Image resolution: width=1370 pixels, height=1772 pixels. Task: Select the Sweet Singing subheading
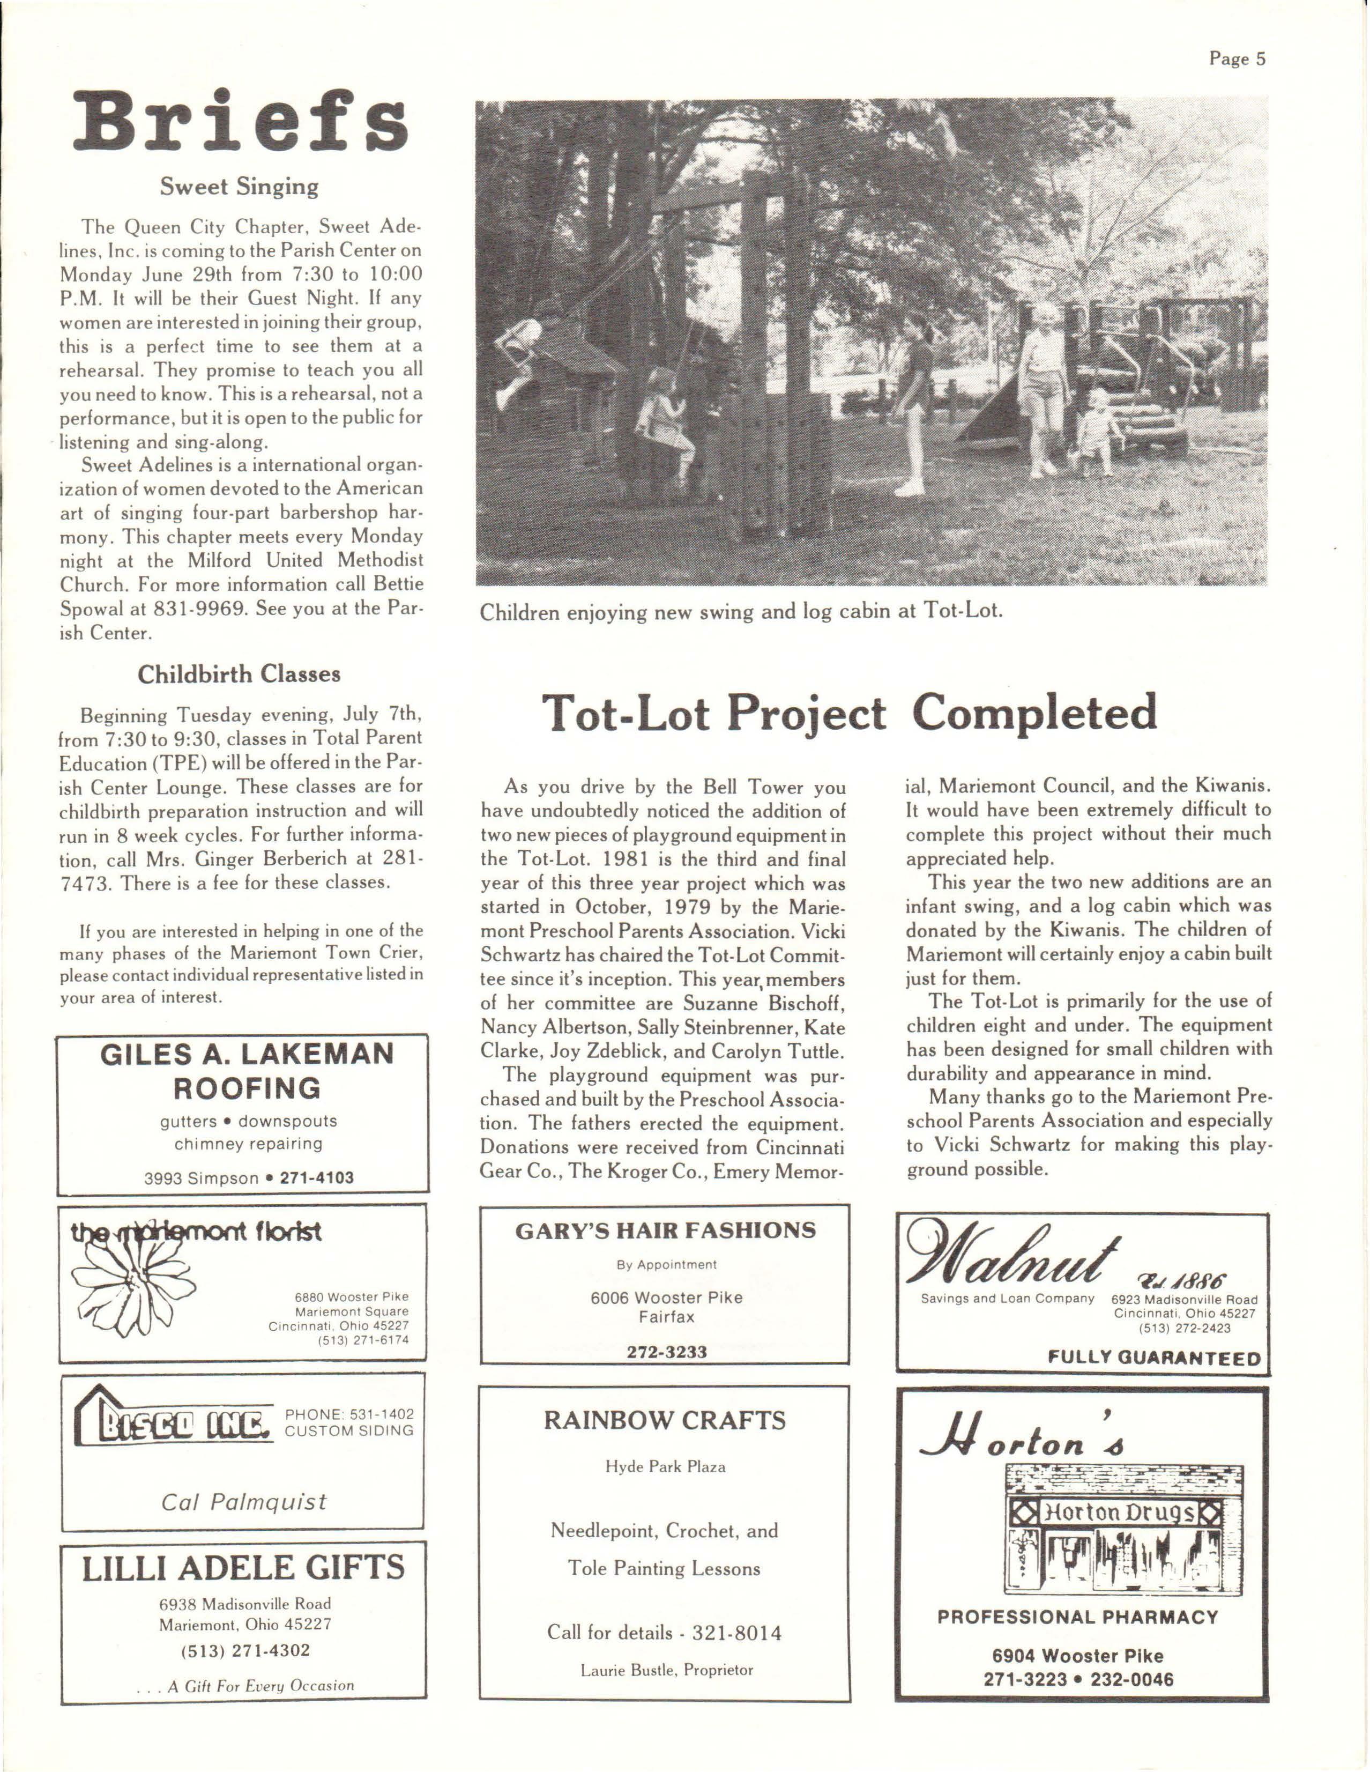tap(239, 187)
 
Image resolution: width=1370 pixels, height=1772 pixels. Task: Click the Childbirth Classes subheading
tap(239, 674)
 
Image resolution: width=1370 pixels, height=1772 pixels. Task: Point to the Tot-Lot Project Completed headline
tap(848, 713)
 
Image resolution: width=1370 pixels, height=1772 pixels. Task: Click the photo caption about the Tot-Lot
tap(741, 611)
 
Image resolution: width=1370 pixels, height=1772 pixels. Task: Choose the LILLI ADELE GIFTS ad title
tap(243, 1568)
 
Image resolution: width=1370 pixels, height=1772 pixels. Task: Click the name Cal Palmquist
tap(243, 1501)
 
